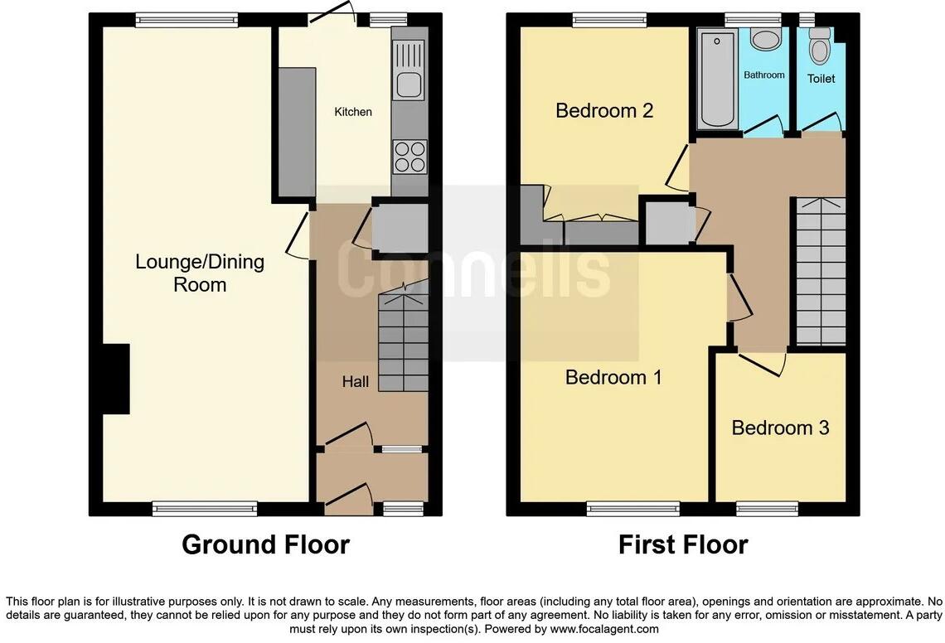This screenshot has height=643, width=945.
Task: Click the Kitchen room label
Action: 353,112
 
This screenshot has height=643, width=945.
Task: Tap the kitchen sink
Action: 409,84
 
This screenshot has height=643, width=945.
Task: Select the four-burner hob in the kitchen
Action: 409,156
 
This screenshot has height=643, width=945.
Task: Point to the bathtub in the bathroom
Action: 715,80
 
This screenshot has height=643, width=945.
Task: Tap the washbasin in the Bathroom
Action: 763,40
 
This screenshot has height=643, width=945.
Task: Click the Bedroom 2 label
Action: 604,110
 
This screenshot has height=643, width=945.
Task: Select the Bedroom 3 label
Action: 780,428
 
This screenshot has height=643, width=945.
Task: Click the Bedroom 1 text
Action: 613,378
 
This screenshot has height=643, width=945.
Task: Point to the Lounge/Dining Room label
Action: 200,273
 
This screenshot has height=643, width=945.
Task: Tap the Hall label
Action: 356,382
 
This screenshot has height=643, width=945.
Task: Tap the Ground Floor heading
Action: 265,544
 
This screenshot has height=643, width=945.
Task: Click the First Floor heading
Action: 683,544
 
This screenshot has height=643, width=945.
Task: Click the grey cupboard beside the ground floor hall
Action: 400,226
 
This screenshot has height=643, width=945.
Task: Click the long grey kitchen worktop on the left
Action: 297,130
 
